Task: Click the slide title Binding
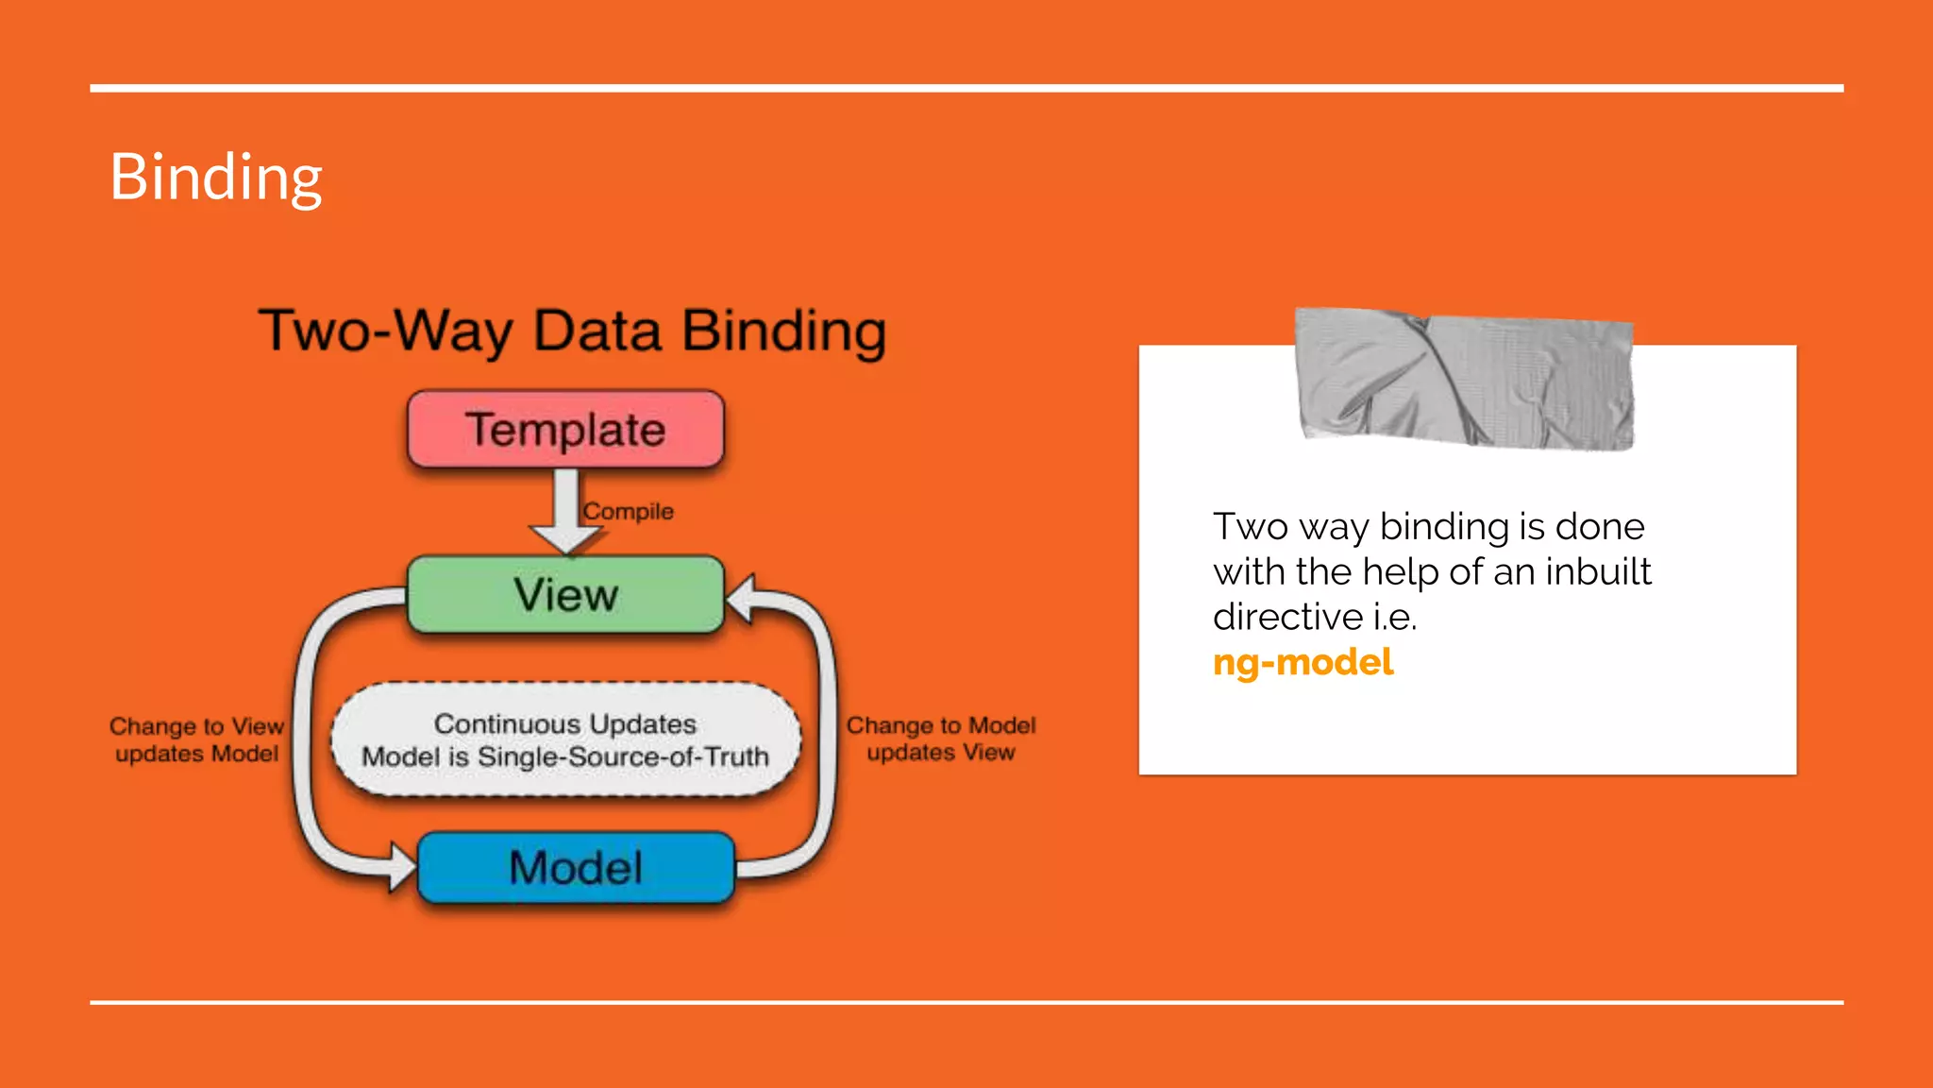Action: point(216,178)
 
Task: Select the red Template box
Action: point(565,430)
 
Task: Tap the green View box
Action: point(565,595)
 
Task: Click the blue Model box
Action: point(576,867)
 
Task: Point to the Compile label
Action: point(629,511)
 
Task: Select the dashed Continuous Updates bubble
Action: point(565,739)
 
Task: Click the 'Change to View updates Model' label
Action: point(196,739)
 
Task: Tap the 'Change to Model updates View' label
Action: point(941,739)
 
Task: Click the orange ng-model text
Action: point(1303,662)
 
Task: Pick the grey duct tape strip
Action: point(1465,380)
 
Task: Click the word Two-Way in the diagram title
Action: point(386,331)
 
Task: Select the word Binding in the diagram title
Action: point(784,331)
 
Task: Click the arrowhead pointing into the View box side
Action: point(741,599)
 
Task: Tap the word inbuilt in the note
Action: point(1598,571)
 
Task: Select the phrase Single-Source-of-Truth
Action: point(623,756)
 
